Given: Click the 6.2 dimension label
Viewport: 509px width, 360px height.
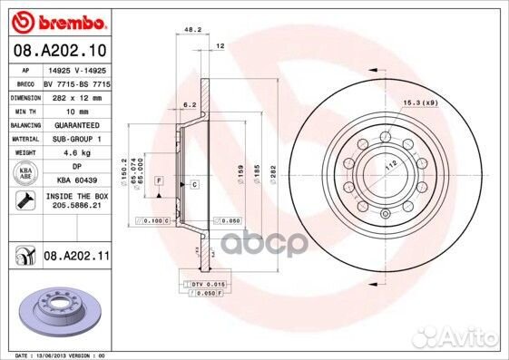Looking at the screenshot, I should (x=190, y=105).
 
